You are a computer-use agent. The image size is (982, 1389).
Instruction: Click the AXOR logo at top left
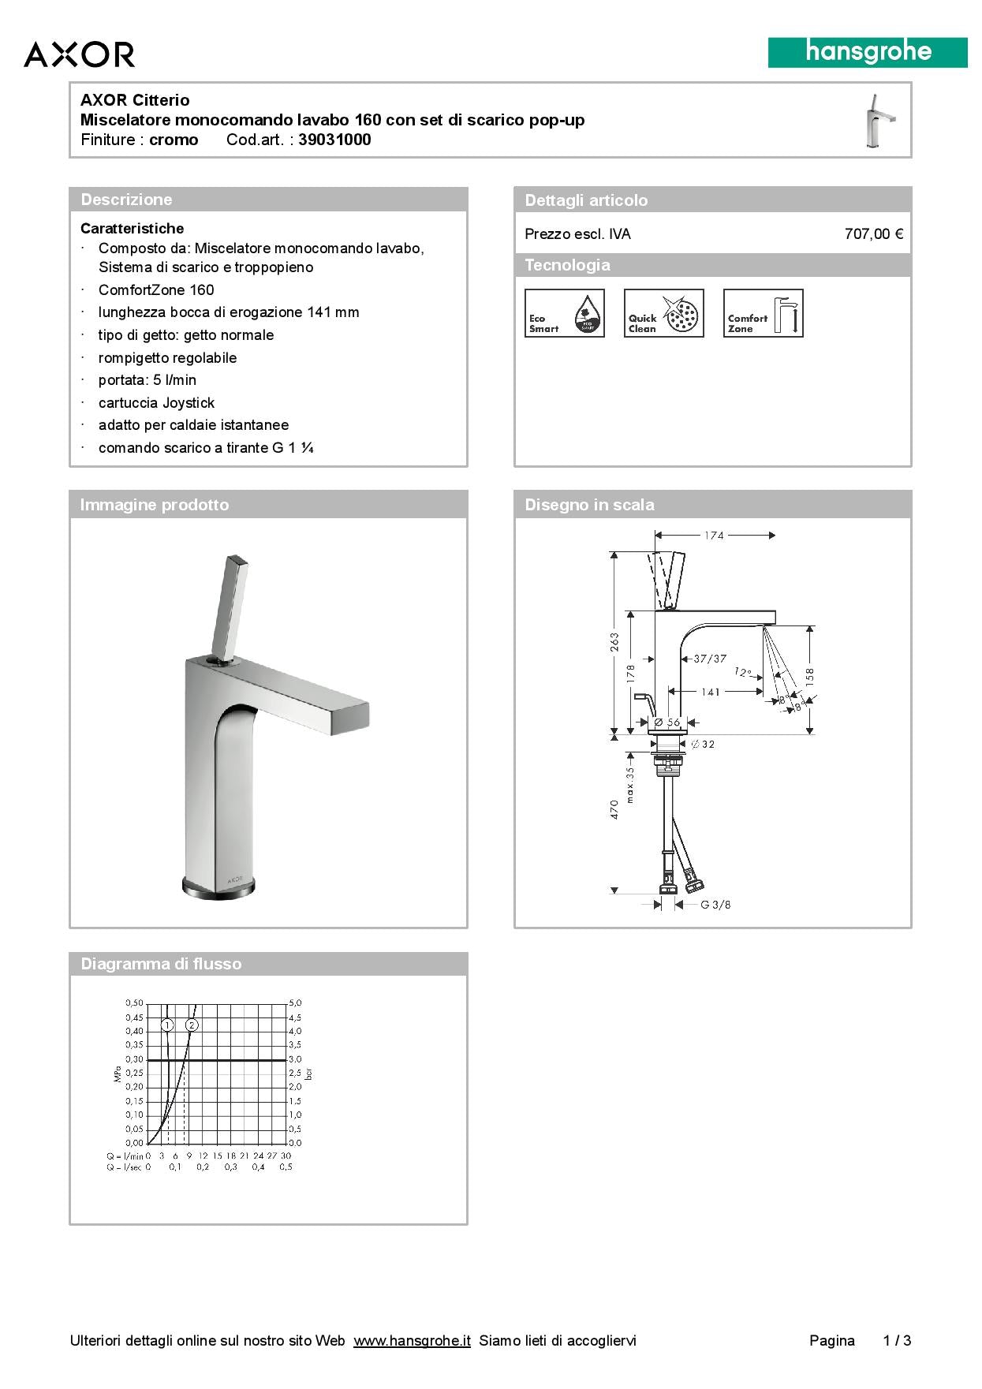[x=79, y=54]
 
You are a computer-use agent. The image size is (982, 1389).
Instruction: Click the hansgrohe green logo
[x=868, y=53]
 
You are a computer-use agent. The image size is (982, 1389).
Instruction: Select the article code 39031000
[x=334, y=140]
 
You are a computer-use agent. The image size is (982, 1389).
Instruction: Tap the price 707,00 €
[x=873, y=234]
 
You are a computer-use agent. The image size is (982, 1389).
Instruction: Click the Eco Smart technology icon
[x=565, y=313]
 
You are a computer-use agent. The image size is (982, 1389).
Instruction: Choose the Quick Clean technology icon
[x=664, y=313]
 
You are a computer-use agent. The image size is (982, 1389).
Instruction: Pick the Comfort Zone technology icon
[x=764, y=313]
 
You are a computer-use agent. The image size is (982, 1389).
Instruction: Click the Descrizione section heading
[x=126, y=200]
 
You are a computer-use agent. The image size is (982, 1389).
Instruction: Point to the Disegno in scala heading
[x=589, y=505]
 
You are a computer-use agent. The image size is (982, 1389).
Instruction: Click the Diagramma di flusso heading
[x=161, y=964]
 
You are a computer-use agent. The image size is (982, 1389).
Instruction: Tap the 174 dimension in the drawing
[x=714, y=536]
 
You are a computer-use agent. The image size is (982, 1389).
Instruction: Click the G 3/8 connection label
[x=715, y=905]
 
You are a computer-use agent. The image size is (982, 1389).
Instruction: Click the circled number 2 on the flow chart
[x=192, y=1025]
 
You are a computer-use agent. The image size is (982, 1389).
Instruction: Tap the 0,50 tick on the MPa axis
[x=134, y=1003]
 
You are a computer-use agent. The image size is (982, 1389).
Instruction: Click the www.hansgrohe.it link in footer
[x=412, y=1341]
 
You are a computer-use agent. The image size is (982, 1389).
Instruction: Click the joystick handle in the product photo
[x=231, y=603]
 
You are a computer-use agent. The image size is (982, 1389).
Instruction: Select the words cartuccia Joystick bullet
[x=156, y=403]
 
